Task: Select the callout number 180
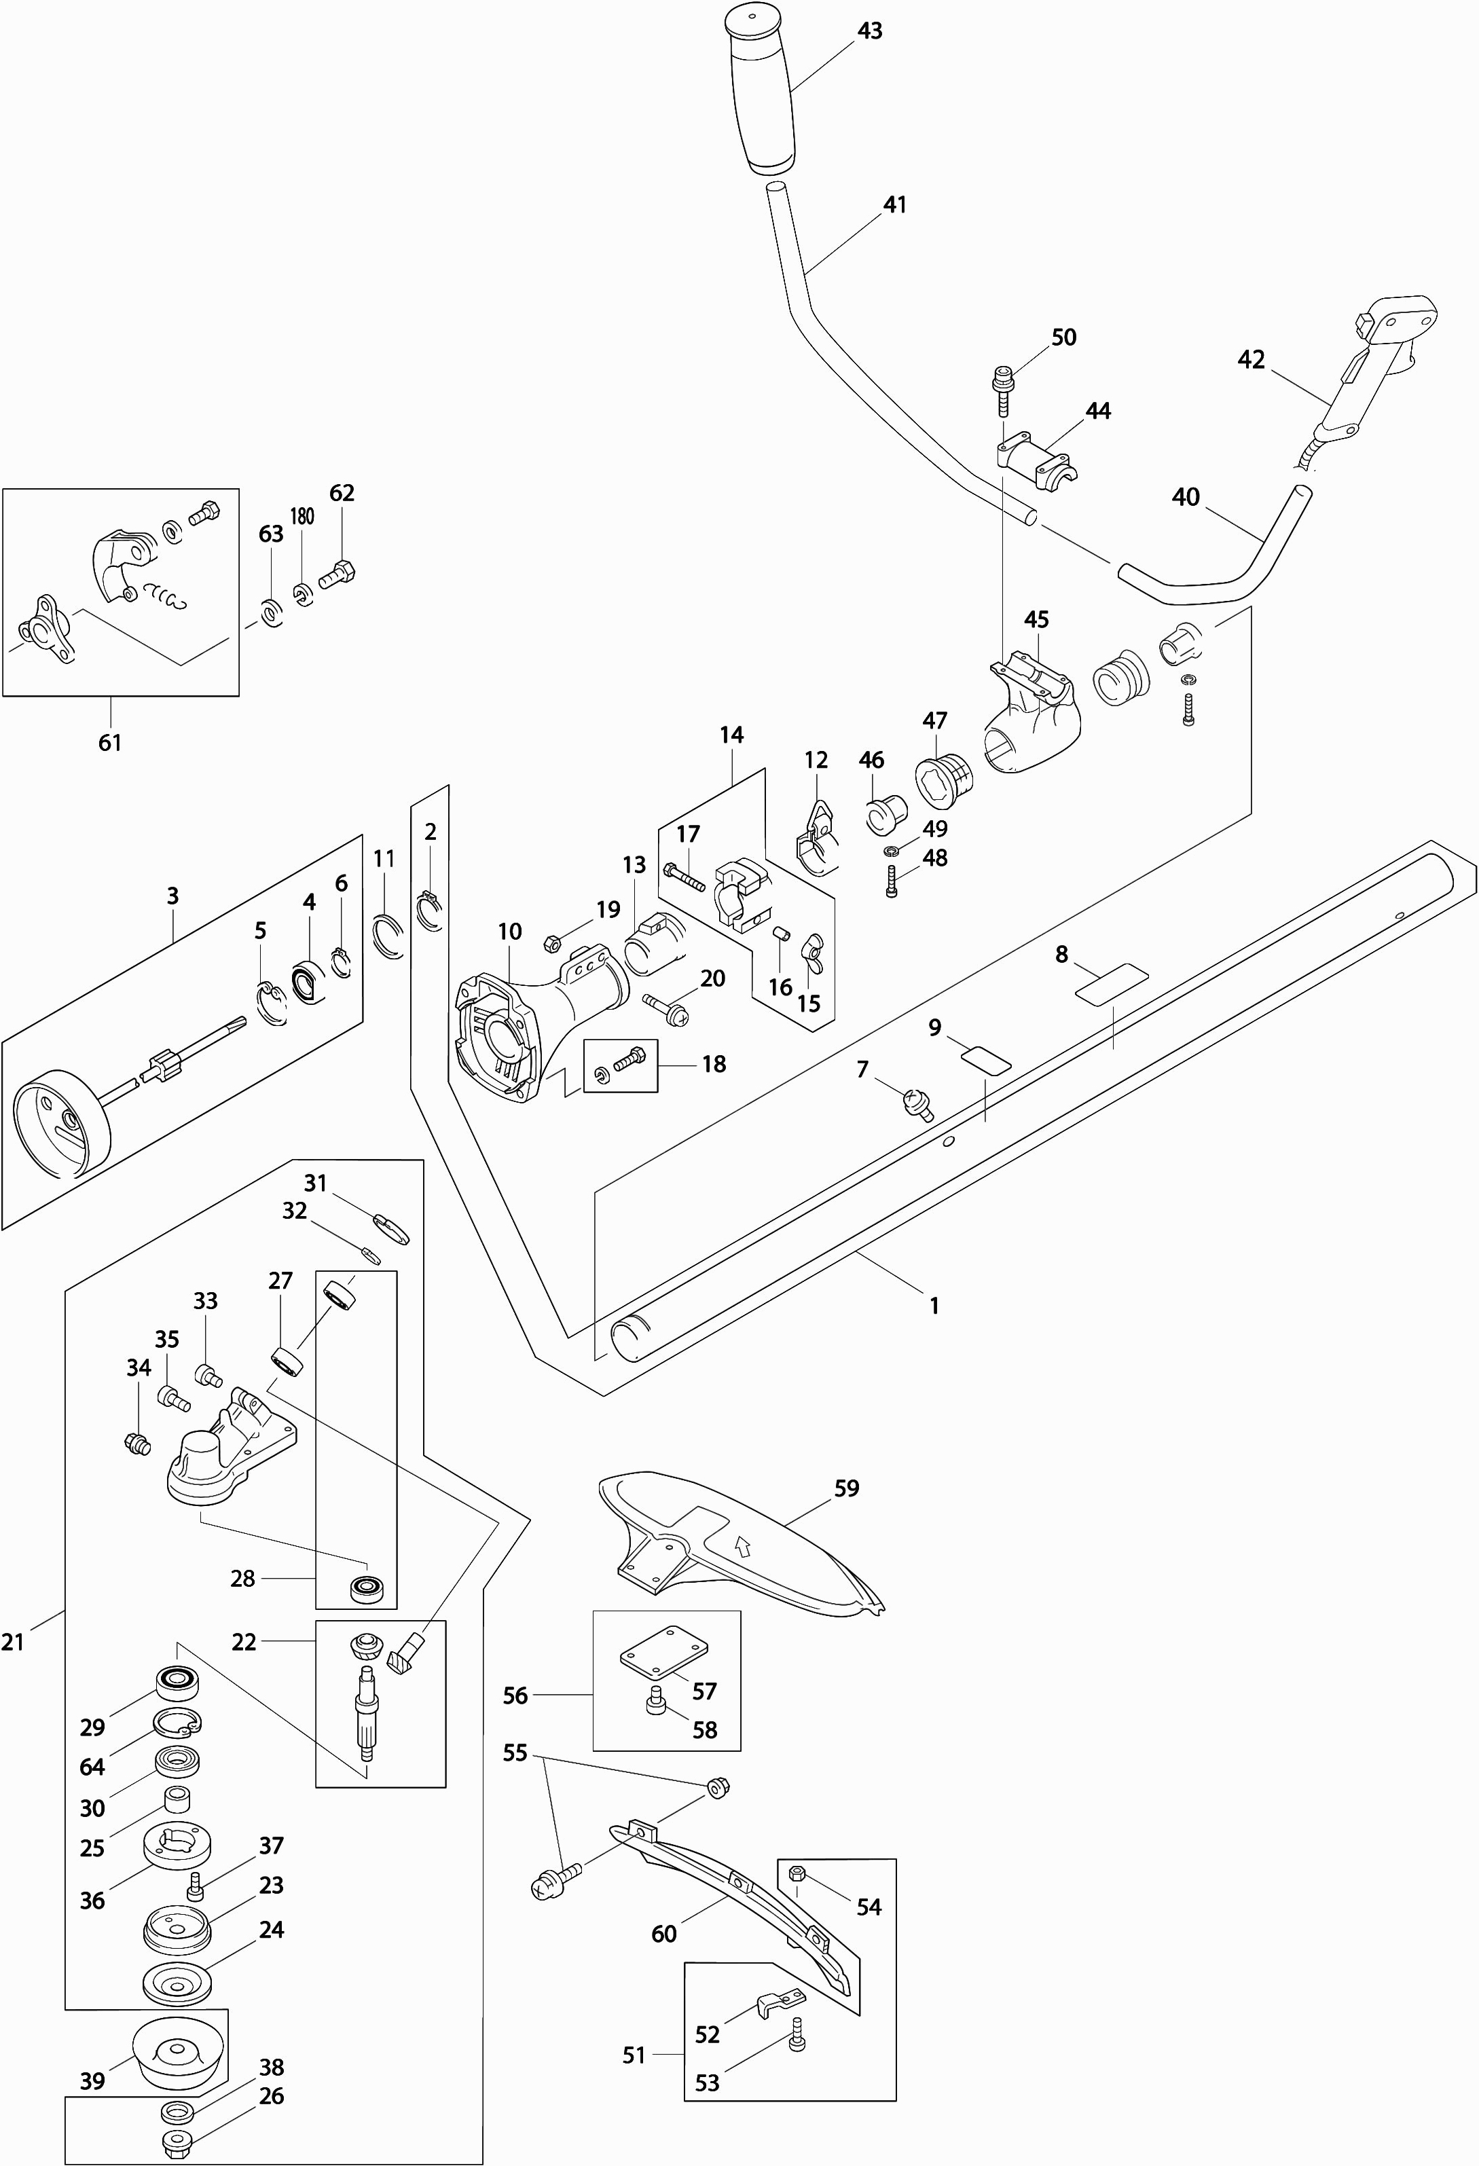[x=302, y=516]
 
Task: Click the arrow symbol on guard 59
[x=743, y=1548]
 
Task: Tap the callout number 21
[x=13, y=1642]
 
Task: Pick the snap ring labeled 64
[x=177, y=1724]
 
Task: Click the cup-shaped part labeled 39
[x=178, y=2053]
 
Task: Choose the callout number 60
[x=663, y=1934]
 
